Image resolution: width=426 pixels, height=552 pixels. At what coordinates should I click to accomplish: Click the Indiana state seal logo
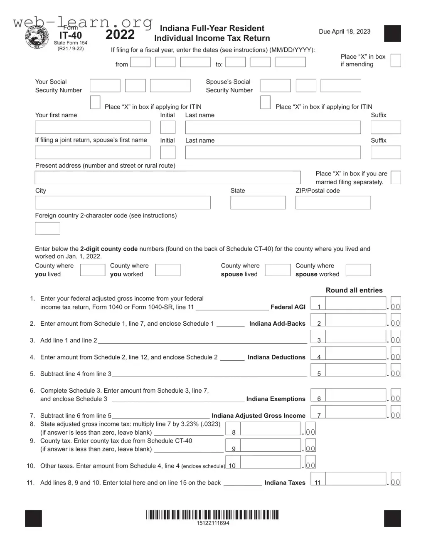point(37,39)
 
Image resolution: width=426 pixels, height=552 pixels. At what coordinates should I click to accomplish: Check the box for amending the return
point(396,60)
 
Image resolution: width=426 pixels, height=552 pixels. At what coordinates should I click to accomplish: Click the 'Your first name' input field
point(92,127)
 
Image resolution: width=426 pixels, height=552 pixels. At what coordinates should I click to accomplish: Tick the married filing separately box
point(396,178)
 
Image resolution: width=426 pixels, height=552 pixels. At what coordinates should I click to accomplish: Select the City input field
point(123,203)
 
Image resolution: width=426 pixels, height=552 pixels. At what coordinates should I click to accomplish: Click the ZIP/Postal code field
point(333,203)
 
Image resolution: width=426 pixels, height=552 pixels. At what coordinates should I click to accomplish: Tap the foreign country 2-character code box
point(47,228)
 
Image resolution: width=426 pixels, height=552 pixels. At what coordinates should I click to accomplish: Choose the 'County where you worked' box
point(167,270)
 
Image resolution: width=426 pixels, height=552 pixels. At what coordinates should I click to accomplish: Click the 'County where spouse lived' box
point(278,270)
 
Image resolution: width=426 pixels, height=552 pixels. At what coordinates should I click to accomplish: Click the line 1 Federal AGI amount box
point(355,303)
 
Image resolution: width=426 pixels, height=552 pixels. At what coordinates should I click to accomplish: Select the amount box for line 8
point(270,429)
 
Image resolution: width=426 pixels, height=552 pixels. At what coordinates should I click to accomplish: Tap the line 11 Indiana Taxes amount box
point(355,479)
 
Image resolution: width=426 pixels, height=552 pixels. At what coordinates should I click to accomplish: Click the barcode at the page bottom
point(212,515)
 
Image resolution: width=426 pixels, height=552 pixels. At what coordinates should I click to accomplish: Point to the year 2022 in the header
point(120,35)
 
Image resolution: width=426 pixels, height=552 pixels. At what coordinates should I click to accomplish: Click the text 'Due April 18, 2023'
point(344,32)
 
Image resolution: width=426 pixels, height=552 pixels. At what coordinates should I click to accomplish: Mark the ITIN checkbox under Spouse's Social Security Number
point(265,102)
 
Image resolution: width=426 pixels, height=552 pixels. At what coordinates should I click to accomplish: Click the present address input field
point(167,178)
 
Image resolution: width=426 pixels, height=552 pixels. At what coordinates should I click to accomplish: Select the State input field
point(258,203)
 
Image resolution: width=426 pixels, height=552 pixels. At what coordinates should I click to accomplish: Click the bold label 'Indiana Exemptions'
point(276,399)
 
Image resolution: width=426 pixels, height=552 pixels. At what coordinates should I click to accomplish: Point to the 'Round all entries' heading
point(354,290)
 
